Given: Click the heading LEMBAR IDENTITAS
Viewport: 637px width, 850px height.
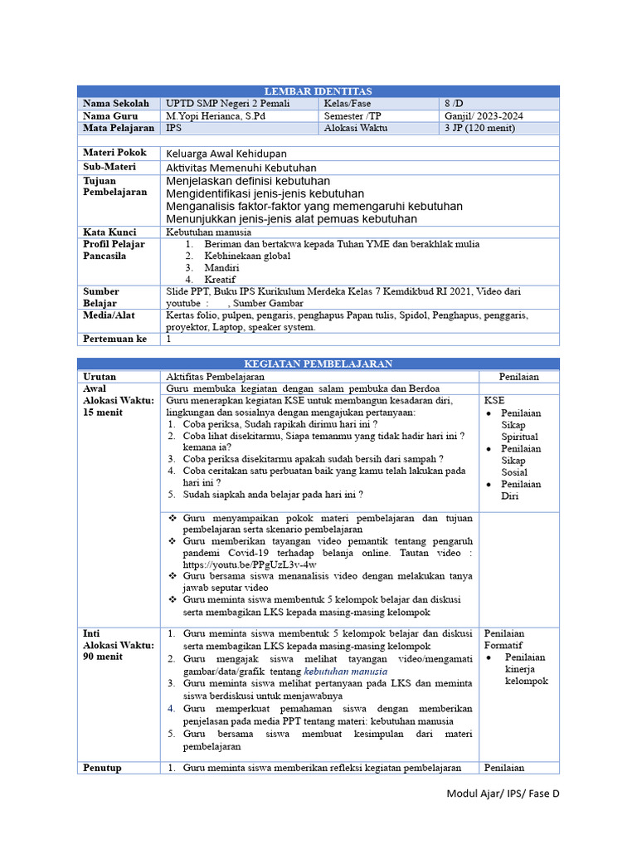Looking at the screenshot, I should [x=318, y=91].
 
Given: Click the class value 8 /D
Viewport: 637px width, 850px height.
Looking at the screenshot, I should [x=456, y=104].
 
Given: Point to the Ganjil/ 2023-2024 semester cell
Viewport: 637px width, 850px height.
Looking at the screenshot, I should [x=484, y=116].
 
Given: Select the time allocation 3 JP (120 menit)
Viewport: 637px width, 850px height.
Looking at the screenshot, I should [x=480, y=128].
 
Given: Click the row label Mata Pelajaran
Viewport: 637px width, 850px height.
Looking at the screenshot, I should [x=118, y=128].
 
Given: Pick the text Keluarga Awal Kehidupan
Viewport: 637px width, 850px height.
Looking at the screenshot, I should [x=226, y=154].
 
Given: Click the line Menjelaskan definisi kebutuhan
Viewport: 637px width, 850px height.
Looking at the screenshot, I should [x=248, y=181].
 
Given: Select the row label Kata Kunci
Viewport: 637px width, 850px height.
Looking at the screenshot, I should [x=109, y=232].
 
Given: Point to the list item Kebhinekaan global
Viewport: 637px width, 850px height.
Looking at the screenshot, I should [x=247, y=256].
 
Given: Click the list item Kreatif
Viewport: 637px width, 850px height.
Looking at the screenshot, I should [x=221, y=280].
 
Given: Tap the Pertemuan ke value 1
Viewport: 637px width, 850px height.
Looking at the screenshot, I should [x=169, y=339].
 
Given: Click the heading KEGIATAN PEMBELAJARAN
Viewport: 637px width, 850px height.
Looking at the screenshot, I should [x=318, y=364].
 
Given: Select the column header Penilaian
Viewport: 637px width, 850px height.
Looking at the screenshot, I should [x=518, y=376].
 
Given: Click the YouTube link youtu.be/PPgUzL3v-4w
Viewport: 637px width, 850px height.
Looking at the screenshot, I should [x=249, y=564].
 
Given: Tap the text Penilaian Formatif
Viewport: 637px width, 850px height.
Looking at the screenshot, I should [x=504, y=639].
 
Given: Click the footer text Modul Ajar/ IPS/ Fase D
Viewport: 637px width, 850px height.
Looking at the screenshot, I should [x=503, y=794].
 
